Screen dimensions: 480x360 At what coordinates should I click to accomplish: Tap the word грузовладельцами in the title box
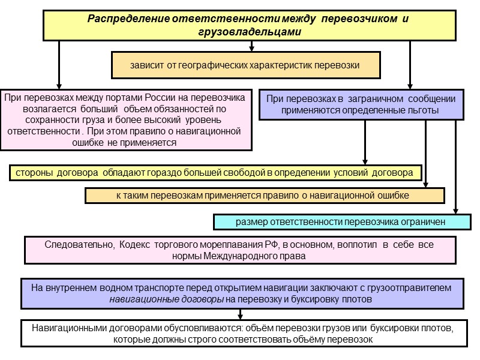[x=248, y=31]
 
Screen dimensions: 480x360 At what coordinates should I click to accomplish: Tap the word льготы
[x=423, y=110]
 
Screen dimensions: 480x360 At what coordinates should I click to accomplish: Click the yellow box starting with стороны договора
[x=216, y=173]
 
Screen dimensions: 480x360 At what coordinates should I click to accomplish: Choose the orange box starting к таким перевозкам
[x=265, y=196]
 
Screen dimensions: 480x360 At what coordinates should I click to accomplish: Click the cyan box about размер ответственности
[x=341, y=221]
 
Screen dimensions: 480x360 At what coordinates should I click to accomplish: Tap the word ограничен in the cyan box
[x=424, y=221]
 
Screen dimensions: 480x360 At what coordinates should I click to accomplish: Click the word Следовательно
[x=79, y=245]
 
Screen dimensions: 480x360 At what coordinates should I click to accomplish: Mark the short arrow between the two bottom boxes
[x=241, y=314]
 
